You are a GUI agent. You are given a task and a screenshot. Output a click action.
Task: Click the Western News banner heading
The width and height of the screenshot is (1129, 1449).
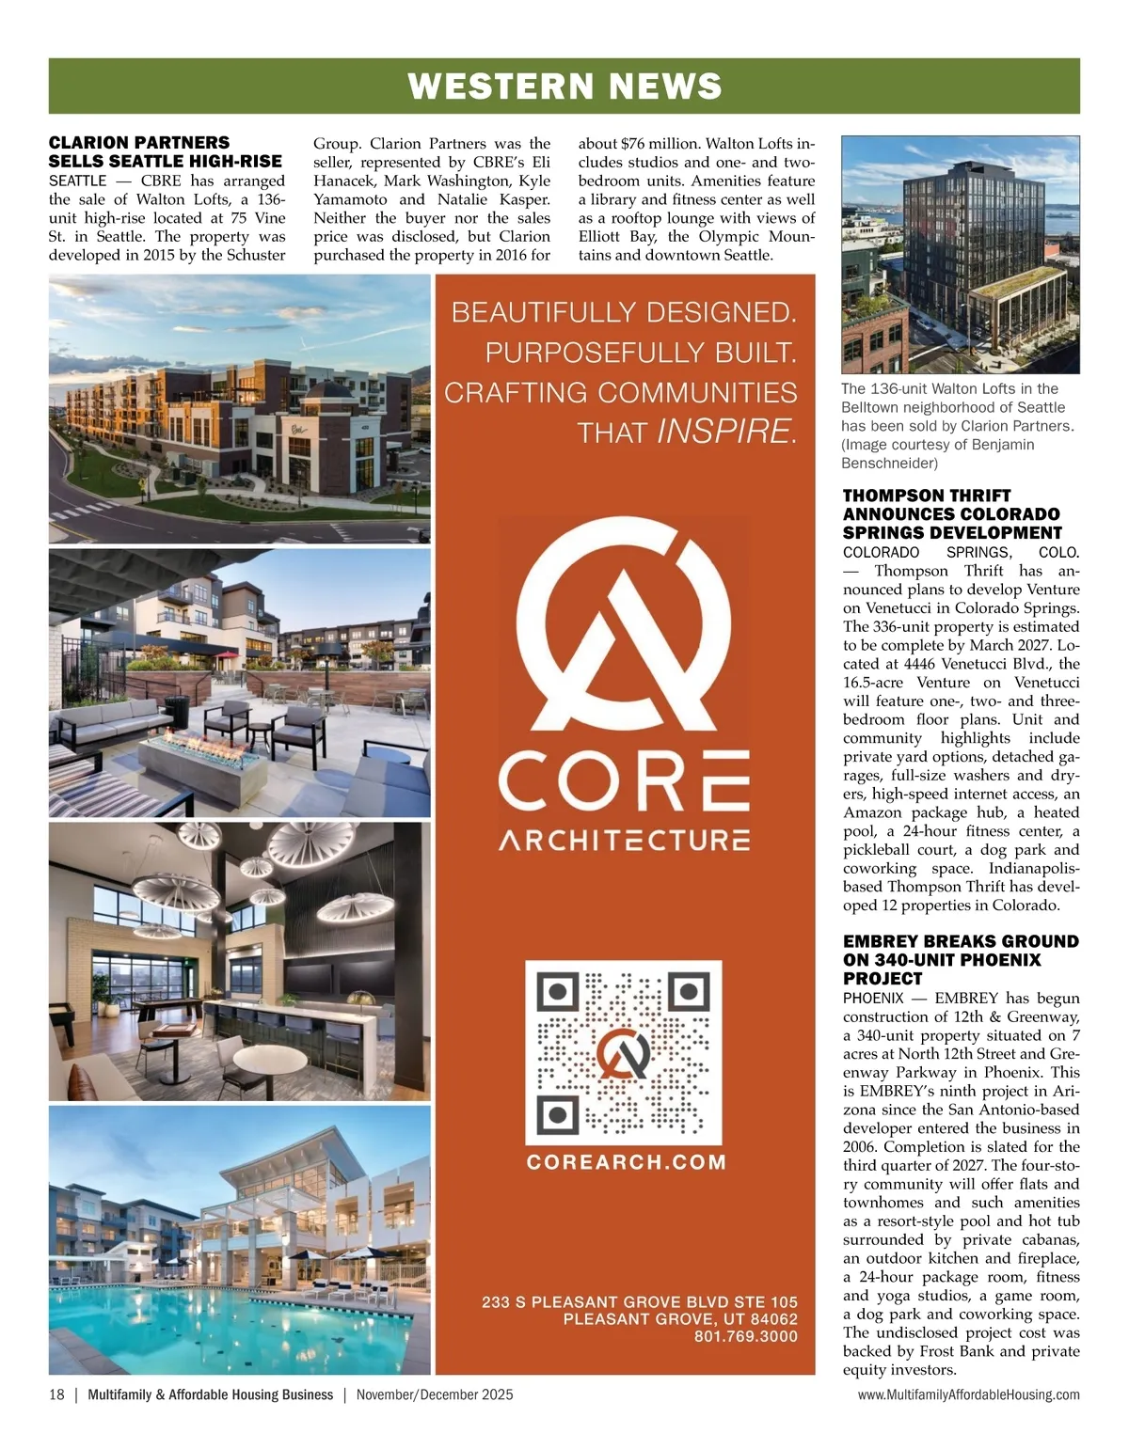click(564, 87)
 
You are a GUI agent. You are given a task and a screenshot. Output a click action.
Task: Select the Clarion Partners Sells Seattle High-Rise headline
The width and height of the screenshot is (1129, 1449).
click(166, 151)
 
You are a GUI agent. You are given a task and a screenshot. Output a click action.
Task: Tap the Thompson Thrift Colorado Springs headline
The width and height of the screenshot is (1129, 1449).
click(952, 513)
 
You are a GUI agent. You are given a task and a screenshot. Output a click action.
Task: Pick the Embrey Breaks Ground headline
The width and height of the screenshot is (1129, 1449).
click(960, 959)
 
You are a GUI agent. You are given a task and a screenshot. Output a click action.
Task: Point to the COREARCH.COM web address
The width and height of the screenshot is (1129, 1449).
click(626, 1162)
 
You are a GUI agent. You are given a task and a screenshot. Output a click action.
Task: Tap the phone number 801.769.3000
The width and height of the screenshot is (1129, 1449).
click(745, 1336)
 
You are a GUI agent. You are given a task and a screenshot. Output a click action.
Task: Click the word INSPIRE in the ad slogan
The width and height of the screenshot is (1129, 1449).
click(725, 432)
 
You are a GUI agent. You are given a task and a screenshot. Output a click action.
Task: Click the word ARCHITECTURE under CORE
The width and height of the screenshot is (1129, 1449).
click(624, 840)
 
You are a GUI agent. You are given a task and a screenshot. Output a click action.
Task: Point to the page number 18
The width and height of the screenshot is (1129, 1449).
click(56, 1394)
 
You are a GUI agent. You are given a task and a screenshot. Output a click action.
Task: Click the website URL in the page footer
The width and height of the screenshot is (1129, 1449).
click(968, 1394)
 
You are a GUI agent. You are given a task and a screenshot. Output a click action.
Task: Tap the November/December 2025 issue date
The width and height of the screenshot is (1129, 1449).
click(435, 1394)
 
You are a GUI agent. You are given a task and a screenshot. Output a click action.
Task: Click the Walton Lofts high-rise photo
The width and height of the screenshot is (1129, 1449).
click(960, 255)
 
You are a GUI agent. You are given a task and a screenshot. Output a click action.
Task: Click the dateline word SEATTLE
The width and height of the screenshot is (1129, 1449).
click(78, 181)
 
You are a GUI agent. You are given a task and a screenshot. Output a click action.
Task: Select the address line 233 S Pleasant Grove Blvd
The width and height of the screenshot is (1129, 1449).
click(640, 1302)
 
